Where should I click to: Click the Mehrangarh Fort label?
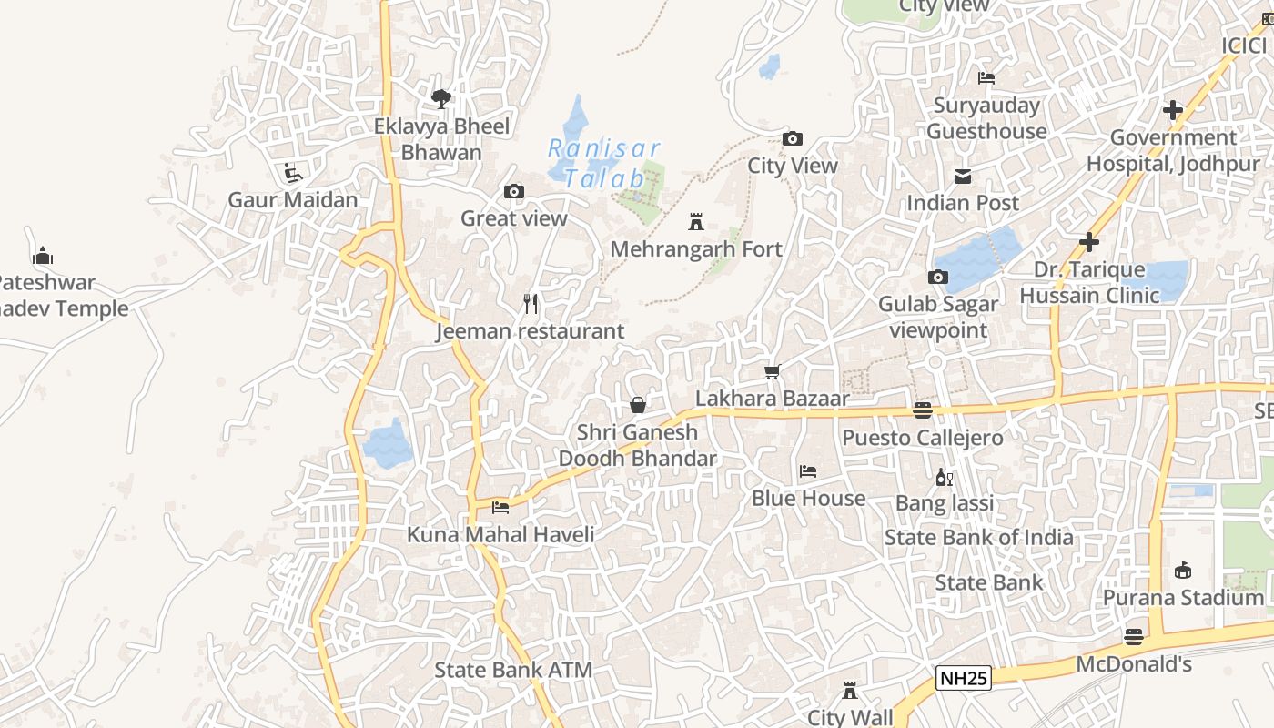click(696, 248)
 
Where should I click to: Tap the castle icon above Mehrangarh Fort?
click(696, 221)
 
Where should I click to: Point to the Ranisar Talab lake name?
click(603, 163)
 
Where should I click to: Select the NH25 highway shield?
click(963, 678)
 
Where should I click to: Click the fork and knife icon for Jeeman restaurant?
click(531, 304)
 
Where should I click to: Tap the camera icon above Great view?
click(514, 191)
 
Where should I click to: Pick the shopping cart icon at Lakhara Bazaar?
click(773, 371)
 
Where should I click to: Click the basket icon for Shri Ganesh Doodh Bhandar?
click(638, 405)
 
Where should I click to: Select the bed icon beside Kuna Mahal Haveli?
click(500, 507)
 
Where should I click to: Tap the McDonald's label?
click(1134, 664)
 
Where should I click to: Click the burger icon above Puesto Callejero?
click(923, 410)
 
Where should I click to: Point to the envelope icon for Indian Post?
click(963, 176)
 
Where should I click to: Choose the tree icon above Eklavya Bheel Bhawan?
click(441, 98)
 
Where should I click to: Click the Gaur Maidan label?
click(293, 199)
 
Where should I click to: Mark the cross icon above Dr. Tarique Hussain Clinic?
click(1089, 242)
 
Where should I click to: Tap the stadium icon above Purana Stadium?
click(1183, 571)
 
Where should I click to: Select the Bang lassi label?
click(945, 503)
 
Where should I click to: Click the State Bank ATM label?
click(513, 671)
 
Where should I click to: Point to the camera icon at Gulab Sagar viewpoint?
click(938, 277)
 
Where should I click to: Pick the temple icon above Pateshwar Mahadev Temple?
click(43, 256)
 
